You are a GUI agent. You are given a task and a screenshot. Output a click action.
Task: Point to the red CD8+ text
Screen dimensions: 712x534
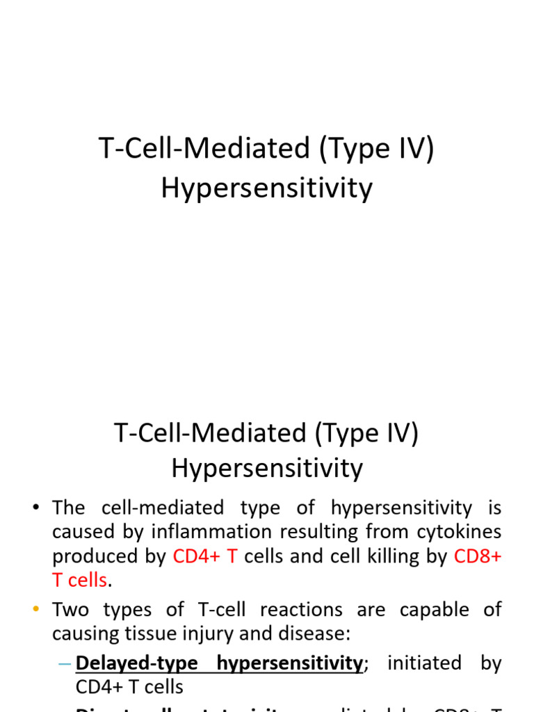tap(477, 557)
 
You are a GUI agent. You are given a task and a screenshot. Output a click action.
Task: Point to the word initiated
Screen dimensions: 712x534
tap(423, 663)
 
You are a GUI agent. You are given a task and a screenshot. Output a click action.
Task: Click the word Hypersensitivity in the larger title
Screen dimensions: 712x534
tap(266, 188)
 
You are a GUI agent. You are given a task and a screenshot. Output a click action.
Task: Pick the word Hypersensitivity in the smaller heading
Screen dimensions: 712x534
tap(266, 469)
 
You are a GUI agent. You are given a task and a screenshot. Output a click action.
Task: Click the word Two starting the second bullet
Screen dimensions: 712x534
tap(72, 610)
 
